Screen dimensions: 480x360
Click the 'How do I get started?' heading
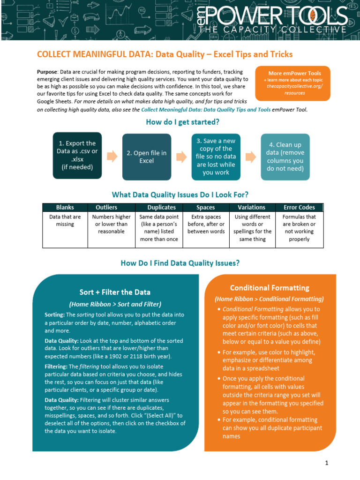(x=183, y=122)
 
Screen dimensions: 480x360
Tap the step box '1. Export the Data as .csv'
(x=77, y=155)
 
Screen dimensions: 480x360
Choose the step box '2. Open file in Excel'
(x=147, y=157)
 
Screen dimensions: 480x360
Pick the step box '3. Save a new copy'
(x=216, y=157)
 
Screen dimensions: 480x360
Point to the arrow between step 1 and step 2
(x=112, y=156)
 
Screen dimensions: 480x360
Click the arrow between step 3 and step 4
(x=250, y=156)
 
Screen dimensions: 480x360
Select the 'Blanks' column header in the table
(x=65, y=207)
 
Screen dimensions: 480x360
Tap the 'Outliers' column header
(x=106, y=207)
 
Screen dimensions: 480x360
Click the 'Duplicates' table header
(x=161, y=207)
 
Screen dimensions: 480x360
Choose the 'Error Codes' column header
(x=299, y=207)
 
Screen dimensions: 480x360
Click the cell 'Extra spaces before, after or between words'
(x=206, y=224)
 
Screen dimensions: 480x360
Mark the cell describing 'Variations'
(x=252, y=228)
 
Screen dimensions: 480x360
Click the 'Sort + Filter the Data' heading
(x=115, y=292)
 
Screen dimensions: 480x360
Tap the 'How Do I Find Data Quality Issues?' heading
(x=180, y=263)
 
